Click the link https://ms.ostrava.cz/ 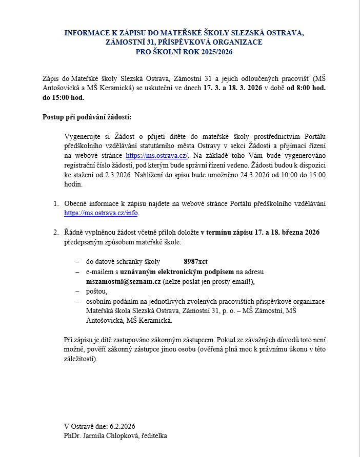tap(157, 155)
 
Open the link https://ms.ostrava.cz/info tap(101, 213)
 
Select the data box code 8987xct tap(195, 261)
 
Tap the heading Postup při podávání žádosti tap(87, 117)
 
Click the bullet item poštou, tap(97, 291)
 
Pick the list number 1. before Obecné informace tap(56, 203)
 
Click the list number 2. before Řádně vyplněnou tap(56, 232)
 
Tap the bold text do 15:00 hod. tap(63, 97)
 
